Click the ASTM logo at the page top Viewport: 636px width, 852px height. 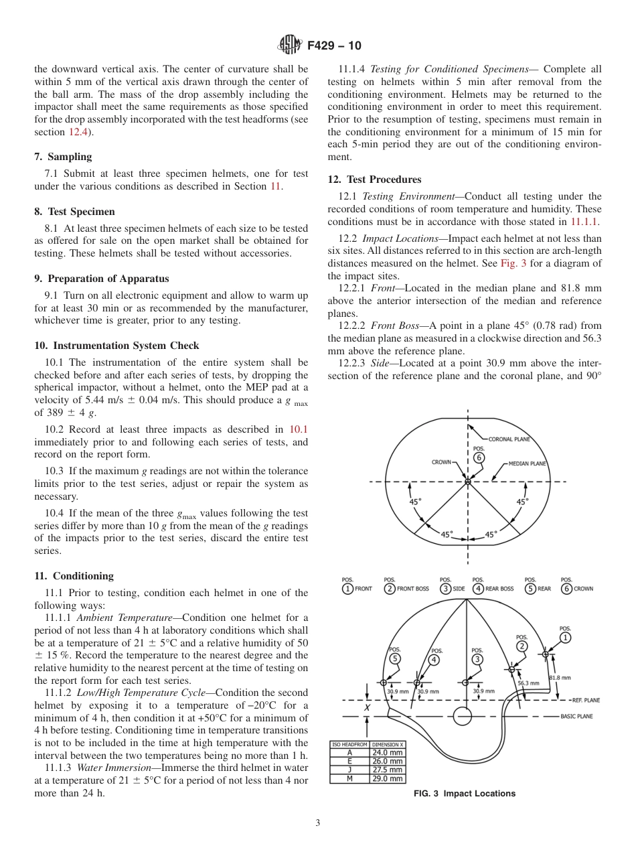pos(290,46)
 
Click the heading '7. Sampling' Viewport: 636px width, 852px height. pos(63,157)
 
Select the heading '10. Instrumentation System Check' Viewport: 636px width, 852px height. pos(116,346)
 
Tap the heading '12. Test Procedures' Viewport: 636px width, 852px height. pos(374,180)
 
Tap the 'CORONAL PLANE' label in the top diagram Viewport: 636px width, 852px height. pos(509,439)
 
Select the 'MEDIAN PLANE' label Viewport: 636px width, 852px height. pos(527,463)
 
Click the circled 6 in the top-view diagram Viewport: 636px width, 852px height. pos(479,457)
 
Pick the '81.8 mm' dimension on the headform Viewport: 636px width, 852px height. pos(560,678)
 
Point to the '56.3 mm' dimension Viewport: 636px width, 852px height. pos(529,683)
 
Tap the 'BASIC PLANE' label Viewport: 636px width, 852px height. pos(576,716)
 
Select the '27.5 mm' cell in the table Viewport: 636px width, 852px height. pos(388,770)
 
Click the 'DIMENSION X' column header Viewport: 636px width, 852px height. pos(388,744)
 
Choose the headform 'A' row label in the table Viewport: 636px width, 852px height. pos(349,752)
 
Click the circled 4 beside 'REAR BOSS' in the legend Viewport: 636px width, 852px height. pos(478,589)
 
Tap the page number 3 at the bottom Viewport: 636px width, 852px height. pos(317,823)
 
